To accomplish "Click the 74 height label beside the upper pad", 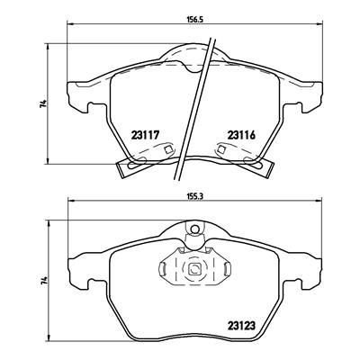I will [x=43, y=106].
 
